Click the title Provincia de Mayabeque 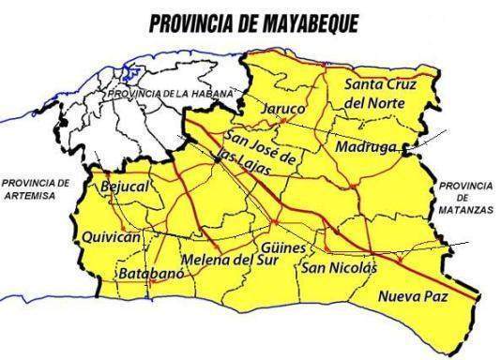(250, 22)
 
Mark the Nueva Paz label (414, 297)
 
